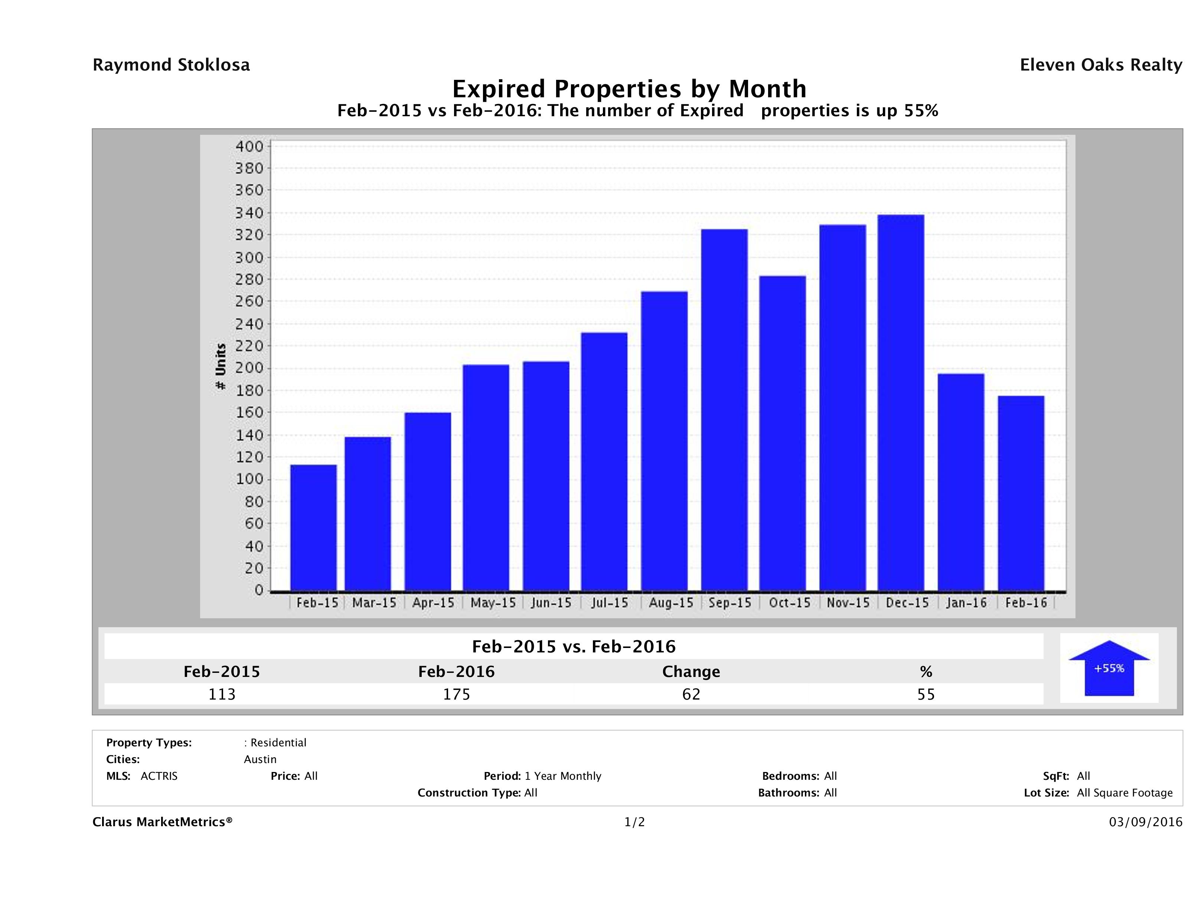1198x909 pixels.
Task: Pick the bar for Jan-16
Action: [x=961, y=482]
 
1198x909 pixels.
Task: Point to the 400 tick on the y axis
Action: [x=249, y=146]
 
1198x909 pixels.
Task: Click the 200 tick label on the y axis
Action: [x=249, y=368]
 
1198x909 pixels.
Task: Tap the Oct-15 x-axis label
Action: [x=790, y=603]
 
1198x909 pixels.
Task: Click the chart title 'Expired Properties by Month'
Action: [x=629, y=89]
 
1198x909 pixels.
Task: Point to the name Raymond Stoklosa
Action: [x=171, y=65]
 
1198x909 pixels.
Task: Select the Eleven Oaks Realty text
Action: [x=1100, y=65]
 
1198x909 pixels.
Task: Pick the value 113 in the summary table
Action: [x=222, y=694]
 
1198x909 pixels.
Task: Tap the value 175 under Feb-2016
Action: [x=457, y=694]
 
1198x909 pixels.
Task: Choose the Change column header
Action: [x=691, y=672]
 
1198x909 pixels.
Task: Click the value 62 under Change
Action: [x=691, y=694]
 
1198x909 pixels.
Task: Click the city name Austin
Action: [x=260, y=759]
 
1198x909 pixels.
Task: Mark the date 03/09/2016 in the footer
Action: [x=1145, y=822]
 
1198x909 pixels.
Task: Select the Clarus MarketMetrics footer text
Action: [x=163, y=822]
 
